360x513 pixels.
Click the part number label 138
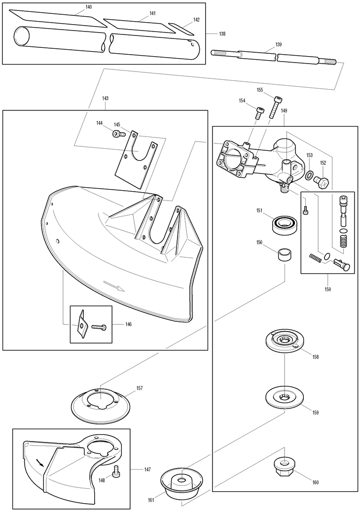[222, 34]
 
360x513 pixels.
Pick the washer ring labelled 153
[308, 175]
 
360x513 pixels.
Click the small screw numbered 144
[117, 134]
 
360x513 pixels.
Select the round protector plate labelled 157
[102, 404]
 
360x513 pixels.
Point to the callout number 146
[128, 325]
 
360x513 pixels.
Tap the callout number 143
[105, 98]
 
